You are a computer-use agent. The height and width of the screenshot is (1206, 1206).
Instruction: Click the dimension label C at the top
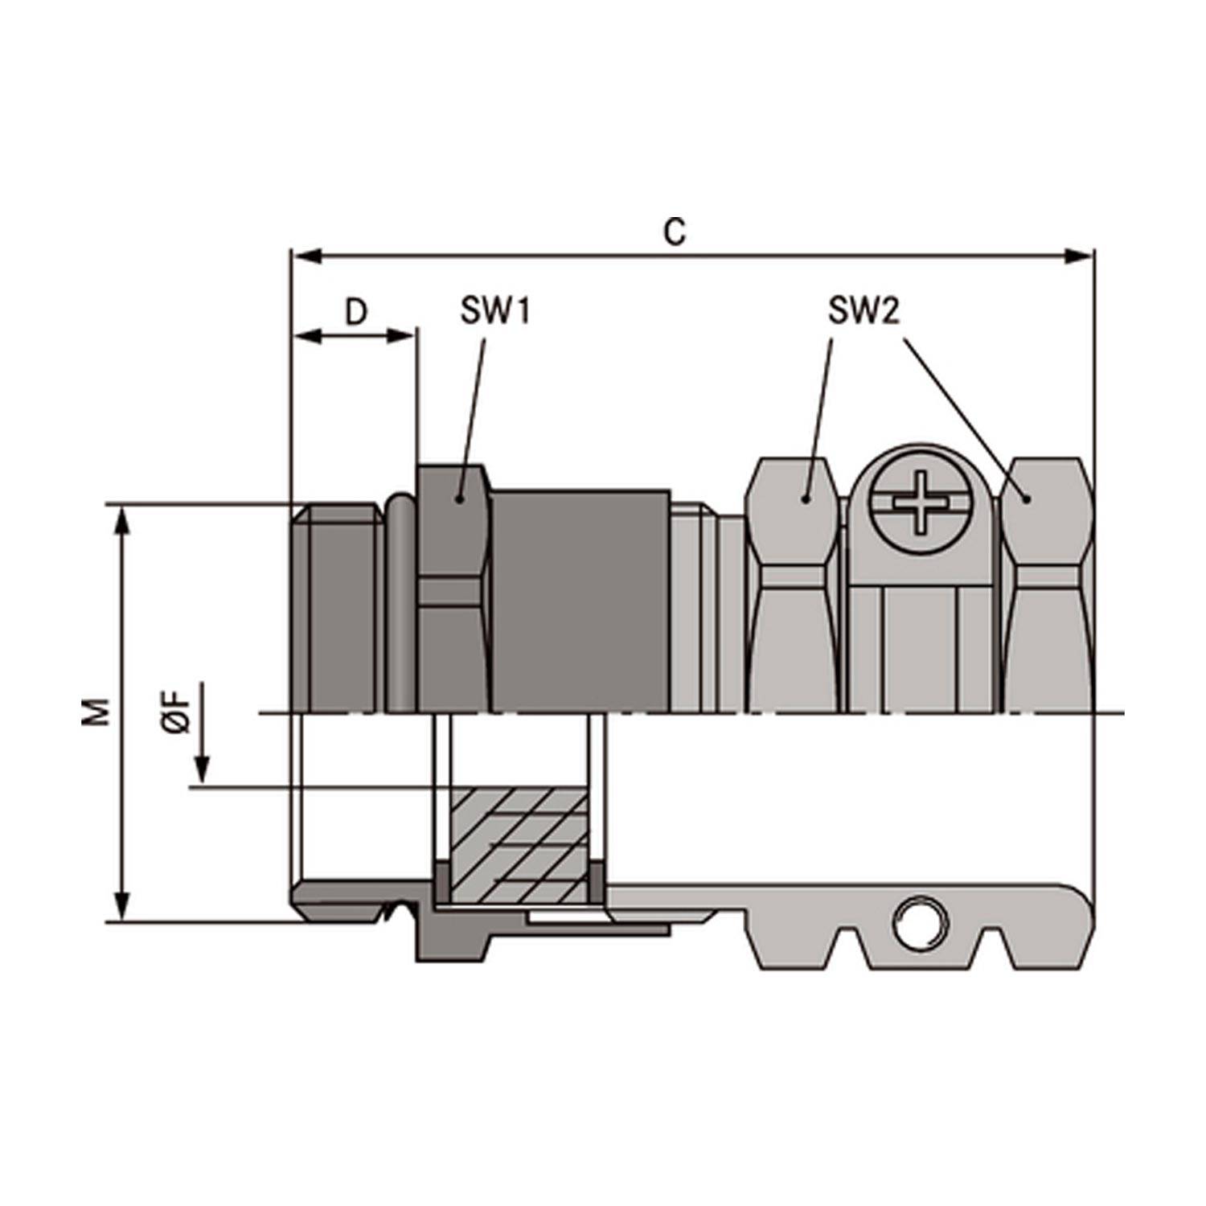[675, 232]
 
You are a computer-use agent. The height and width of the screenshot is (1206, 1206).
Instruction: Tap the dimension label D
[355, 313]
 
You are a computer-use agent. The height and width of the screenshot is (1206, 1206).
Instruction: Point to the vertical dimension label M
[97, 712]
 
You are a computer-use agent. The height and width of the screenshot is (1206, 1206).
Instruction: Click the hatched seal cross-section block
[519, 844]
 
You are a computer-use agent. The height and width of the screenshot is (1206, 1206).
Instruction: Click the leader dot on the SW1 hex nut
[459, 499]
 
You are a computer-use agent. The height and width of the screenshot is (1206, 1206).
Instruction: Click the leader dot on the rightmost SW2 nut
[1027, 499]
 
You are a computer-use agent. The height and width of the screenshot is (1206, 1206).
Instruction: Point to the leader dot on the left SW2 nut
[805, 499]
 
